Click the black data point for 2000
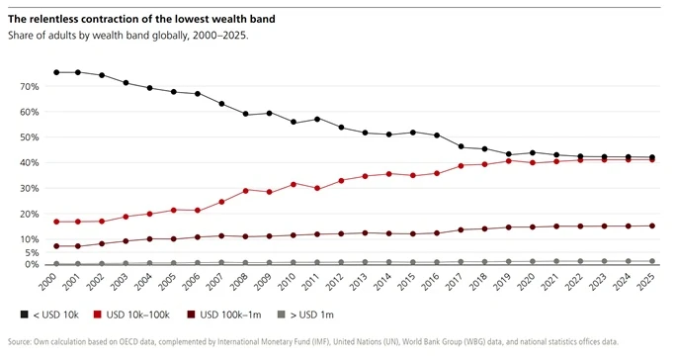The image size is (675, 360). coord(56,72)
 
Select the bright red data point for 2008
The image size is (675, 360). coord(245,190)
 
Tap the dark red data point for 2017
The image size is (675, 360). coord(461,230)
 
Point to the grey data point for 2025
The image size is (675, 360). coord(651,261)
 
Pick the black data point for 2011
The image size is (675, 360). coord(317,119)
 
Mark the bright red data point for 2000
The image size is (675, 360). coord(56,222)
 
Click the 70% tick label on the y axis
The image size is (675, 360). coord(30,87)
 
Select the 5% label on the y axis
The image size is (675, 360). coord(33,253)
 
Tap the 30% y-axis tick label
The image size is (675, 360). coord(30,189)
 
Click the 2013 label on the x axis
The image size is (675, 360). coord(358,282)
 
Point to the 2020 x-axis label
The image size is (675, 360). coord(526,282)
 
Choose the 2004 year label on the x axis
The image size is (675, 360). coord(143,282)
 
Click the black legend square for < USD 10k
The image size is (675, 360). coord(24,315)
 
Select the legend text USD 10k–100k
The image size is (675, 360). coord(137,315)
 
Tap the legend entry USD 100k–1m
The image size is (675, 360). coord(224,315)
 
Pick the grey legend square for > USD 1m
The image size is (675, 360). coord(282,315)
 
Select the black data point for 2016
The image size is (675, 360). coord(437,135)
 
